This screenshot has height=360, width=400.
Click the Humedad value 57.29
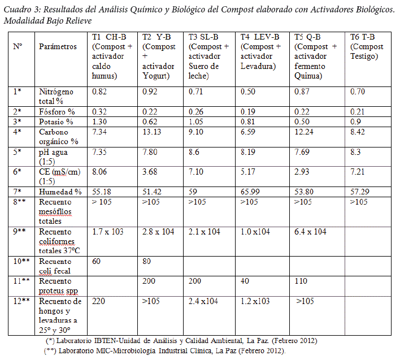359,192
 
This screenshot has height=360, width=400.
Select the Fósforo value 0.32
99,111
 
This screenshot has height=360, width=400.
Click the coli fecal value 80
147,261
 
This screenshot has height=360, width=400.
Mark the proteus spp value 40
244,280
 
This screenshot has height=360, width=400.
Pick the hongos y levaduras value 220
98,301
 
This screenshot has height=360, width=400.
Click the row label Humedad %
60,192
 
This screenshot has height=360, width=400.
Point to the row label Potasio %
56,122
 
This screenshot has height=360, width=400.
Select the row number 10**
21,261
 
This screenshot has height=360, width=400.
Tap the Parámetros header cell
58,46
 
